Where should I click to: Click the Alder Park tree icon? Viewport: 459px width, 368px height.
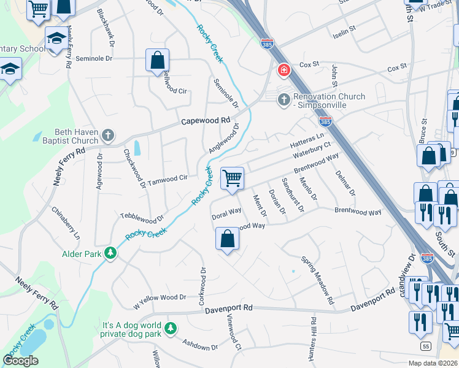[110, 253]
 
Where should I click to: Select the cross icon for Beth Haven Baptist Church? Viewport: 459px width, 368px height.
[108, 135]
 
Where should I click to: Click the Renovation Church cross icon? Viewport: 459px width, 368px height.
[283, 99]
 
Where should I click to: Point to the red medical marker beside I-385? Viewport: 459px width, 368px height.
[284, 71]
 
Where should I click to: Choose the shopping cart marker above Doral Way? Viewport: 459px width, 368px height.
[232, 178]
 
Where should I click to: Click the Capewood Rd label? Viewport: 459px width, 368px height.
[205, 121]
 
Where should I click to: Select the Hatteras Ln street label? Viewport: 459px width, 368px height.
[307, 141]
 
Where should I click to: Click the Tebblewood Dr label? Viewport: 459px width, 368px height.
[142, 218]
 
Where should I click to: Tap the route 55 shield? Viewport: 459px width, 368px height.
[426, 347]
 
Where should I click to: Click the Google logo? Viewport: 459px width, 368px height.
[21, 361]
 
